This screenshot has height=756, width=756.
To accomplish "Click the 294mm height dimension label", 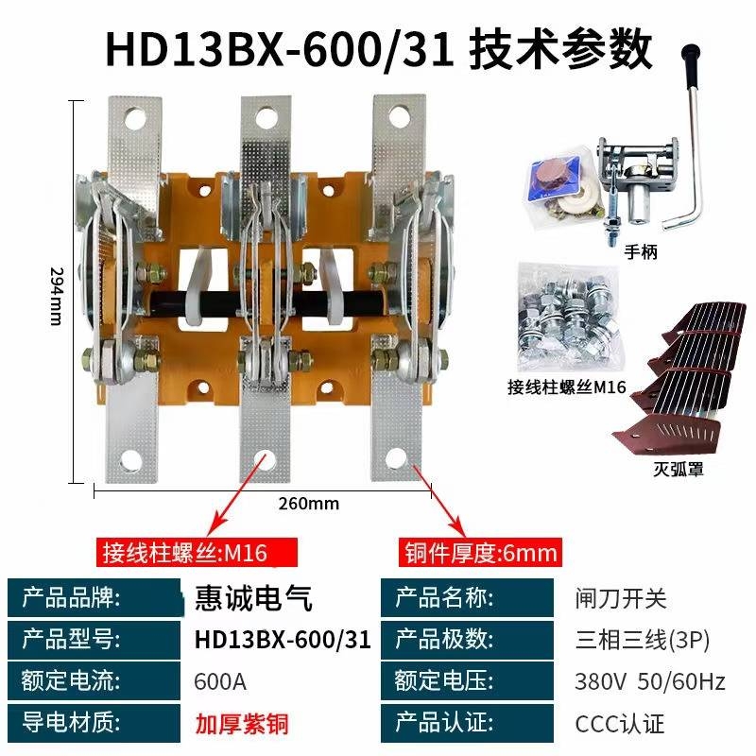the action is point(58,296).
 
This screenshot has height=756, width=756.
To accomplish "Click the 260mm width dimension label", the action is point(309,504).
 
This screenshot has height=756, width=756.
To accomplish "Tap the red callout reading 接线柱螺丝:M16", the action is point(197,553).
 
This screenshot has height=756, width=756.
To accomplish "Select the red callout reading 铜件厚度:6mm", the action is point(481,553).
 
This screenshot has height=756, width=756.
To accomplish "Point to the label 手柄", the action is point(641,251).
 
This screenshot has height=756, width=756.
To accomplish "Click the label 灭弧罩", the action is point(679,469).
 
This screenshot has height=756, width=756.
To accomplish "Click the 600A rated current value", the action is point(220,681).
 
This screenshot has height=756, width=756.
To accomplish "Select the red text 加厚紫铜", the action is point(242,724).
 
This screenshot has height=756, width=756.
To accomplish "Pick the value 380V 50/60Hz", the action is point(650,681).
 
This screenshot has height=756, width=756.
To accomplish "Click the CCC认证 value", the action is point(620,724).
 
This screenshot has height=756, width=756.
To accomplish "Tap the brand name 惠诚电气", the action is point(253,598).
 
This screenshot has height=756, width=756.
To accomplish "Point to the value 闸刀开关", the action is point(621,599).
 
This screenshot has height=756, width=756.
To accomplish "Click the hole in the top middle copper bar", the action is point(266,117).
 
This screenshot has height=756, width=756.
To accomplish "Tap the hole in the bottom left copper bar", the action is point(131,460).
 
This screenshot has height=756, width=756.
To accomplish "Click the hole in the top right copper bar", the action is point(399,116).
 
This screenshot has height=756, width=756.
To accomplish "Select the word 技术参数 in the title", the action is point(561,50).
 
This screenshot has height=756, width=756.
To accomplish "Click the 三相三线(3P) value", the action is point(643,641).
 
